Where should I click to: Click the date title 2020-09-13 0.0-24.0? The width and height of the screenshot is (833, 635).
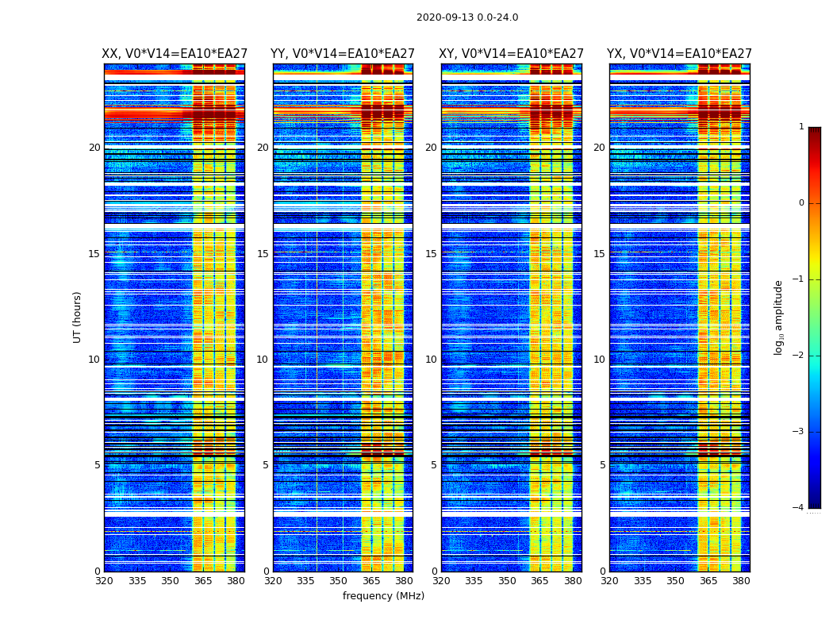pos(467,17)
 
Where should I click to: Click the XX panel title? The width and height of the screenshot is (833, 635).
pos(175,54)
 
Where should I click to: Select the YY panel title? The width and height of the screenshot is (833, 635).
pos(343,54)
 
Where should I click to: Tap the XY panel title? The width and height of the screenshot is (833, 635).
pos(512,54)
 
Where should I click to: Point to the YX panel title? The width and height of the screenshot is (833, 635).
pos(679,54)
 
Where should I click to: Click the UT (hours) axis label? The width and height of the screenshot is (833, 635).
pos(78,317)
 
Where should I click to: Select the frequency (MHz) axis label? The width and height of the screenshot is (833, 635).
pos(383,596)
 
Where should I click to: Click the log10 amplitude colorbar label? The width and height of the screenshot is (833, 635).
pos(778,317)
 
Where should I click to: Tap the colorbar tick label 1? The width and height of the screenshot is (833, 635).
pos(800,127)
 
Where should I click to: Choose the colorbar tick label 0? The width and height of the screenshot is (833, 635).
pos(800,203)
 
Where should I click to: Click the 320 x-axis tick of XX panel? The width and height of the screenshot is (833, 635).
pos(104,581)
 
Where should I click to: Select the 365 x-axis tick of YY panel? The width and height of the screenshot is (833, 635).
pos(371,581)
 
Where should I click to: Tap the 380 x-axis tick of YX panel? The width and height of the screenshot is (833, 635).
pos(741,581)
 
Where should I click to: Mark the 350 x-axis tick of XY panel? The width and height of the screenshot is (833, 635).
pos(507,581)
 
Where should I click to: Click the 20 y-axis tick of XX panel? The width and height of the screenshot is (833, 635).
pos(94,148)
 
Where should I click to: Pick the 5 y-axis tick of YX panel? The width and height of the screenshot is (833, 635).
pos(602,465)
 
